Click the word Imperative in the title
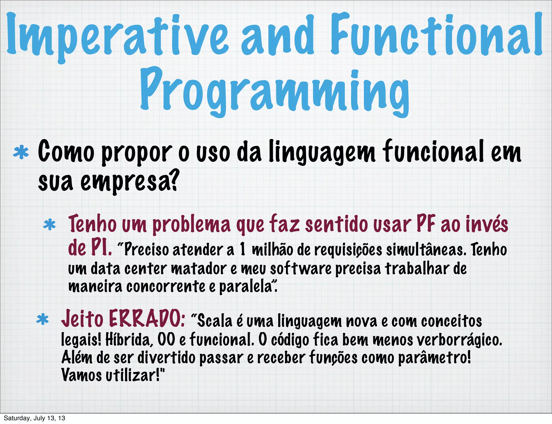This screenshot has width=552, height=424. (117, 36)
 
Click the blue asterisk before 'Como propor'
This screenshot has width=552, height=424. (21, 153)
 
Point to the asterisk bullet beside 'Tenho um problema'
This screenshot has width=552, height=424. (49, 225)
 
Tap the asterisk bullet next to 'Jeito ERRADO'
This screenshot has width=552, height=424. (42, 320)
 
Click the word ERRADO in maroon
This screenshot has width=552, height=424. (147, 319)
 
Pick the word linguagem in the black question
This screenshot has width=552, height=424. (322, 153)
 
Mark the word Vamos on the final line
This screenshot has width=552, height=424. (81, 375)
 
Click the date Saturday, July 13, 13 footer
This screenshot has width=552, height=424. (34, 418)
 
